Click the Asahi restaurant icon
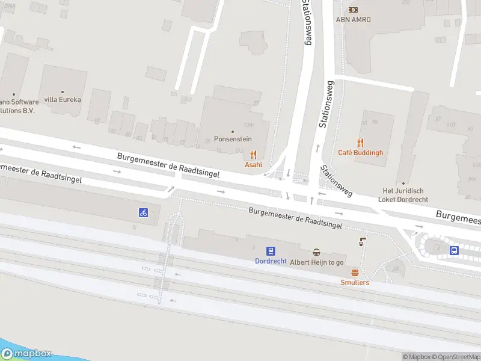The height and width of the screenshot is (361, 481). click(x=253, y=154)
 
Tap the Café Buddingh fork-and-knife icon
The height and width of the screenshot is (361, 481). click(x=361, y=143)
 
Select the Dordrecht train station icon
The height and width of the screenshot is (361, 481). click(x=271, y=251)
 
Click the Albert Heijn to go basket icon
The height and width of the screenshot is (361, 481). click(x=316, y=253)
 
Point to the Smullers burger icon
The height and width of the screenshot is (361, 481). click(x=355, y=273)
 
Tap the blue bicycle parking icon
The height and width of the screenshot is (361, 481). click(x=143, y=212)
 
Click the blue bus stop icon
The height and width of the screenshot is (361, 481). click(x=455, y=250)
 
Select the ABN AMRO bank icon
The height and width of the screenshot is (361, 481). click(x=353, y=10)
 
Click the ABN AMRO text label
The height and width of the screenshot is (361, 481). click(x=353, y=19)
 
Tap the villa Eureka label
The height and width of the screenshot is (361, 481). click(x=63, y=100)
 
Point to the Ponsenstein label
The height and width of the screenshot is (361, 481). click(x=233, y=139)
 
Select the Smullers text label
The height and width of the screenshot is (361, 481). click(x=355, y=282)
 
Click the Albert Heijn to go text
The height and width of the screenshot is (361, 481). click(x=317, y=262)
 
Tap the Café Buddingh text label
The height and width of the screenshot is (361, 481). click(x=360, y=153)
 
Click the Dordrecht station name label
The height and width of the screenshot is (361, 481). click(x=271, y=261)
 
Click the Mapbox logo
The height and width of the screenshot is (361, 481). click(x=26, y=354)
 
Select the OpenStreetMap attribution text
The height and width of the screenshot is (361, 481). click(x=455, y=357)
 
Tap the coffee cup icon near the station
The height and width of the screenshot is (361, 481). click(x=363, y=241)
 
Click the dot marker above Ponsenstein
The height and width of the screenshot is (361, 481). click(x=233, y=131)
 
